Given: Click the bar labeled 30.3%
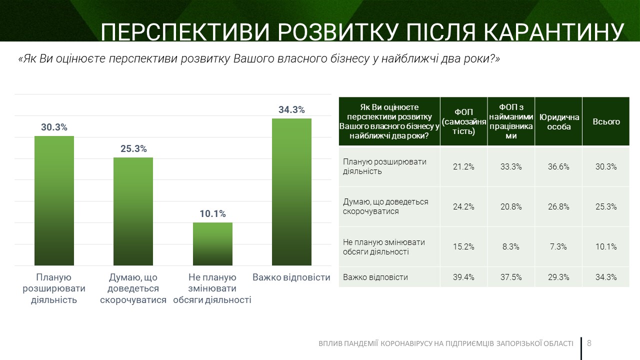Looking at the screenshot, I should click(x=54, y=200).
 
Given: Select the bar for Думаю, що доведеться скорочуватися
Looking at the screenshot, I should click(x=133, y=211).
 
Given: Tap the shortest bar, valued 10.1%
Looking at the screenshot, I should click(x=212, y=243).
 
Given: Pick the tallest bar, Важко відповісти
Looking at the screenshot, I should click(x=291, y=191).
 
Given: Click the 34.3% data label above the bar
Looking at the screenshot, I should click(x=291, y=110).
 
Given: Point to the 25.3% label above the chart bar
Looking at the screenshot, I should click(x=133, y=149).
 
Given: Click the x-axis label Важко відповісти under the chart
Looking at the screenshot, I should click(x=291, y=277).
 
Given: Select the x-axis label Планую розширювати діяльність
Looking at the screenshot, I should click(x=54, y=288).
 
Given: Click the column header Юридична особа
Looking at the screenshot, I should click(x=558, y=121).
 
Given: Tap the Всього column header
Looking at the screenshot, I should click(x=606, y=121).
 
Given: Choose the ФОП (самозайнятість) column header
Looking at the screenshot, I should click(x=463, y=121).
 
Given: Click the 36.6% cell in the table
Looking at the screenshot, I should click(x=558, y=167).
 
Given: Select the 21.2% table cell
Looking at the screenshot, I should click(x=463, y=167).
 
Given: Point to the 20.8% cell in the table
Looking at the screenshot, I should click(x=511, y=206).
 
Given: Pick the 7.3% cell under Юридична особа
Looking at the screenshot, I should click(x=558, y=246).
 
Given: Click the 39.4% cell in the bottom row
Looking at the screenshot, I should click(x=463, y=277).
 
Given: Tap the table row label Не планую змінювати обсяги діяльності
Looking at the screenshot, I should click(x=384, y=246).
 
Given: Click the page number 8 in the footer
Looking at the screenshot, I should click(x=589, y=343).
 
